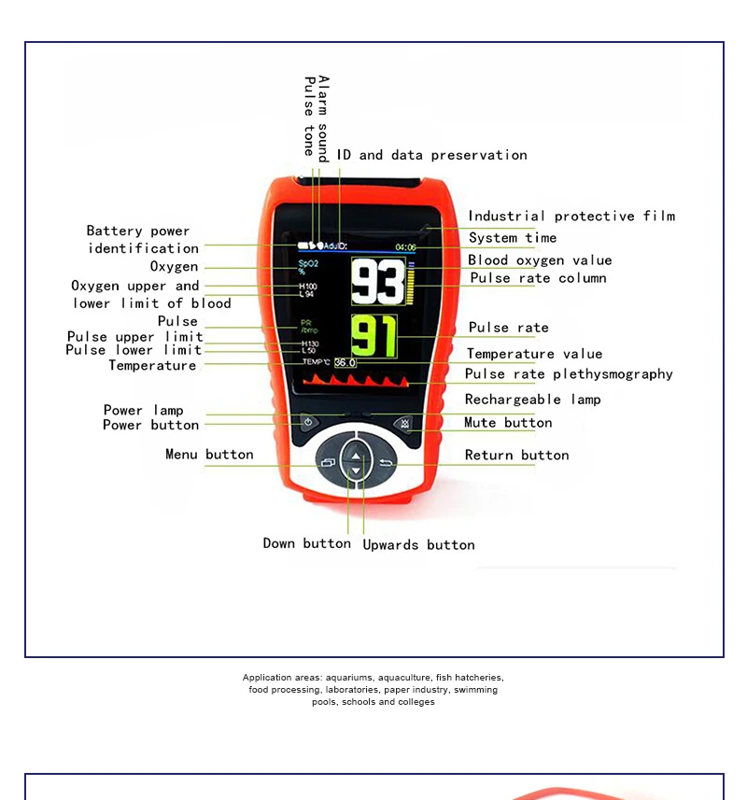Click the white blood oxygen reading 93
pyautogui.click(x=378, y=281)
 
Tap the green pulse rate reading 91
pyautogui.click(x=374, y=336)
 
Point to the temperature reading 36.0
pyautogui.click(x=345, y=362)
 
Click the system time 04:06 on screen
pyautogui.click(x=405, y=247)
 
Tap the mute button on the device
pyautogui.click(x=404, y=424)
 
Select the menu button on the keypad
pyautogui.click(x=328, y=462)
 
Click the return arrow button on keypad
pyautogui.click(x=386, y=463)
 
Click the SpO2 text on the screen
pyautogui.click(x=308, y=264)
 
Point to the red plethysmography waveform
pyautogui.click(x=356, y=380)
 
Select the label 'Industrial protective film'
pyautogui.click(x=571, y=217)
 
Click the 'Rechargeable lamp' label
pyautogui.click(x=532, y=400)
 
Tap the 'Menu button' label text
pyautogui.click(x=209, y=454)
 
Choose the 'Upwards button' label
pyautogui.click(x=418, y=545)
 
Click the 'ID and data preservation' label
pyautogui.click(x=431, y=155)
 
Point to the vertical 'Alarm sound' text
pyautogui.click(x=323, y=119)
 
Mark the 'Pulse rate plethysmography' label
pyautogui.click(x=569, y=374)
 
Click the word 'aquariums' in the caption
pyautogui.click(x=349, y=678)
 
